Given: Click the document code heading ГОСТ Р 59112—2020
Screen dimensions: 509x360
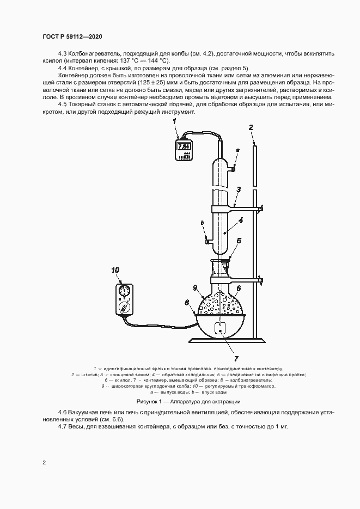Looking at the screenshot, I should (x=72, y=36).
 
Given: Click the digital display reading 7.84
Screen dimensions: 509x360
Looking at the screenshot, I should (x=184, y=146).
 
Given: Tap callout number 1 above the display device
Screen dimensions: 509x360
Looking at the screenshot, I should (x=174, y=121).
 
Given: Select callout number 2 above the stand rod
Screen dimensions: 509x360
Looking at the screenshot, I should (x=251, y=127).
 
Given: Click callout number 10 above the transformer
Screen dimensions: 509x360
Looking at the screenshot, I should (x=115, y=270).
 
